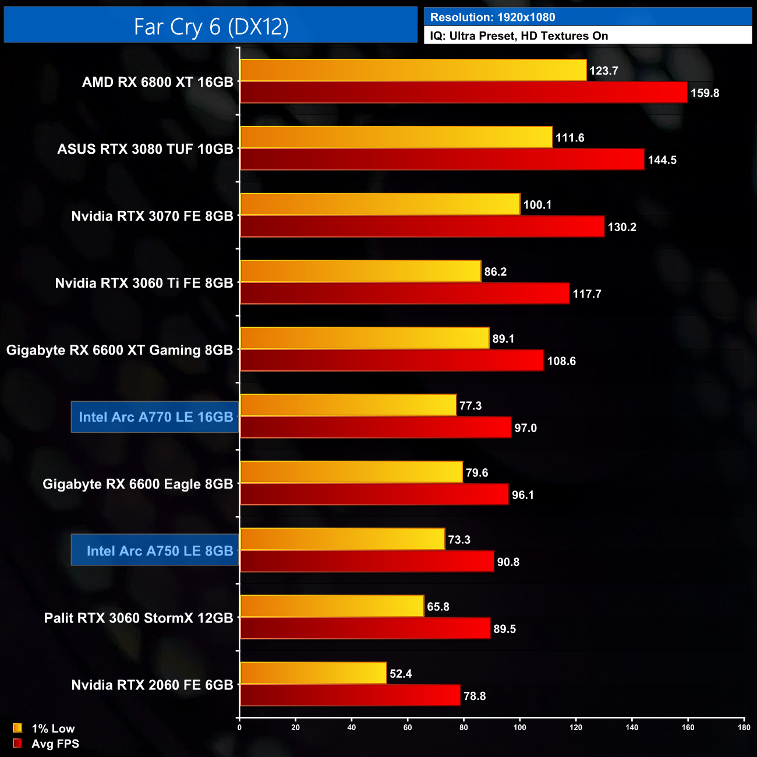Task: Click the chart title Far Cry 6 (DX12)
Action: click(211, 26)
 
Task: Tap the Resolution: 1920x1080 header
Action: click(493, 17)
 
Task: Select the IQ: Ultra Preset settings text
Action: click(519, 36)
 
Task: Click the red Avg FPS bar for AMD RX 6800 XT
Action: click(464, 93)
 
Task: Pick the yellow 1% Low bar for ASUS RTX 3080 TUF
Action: click(396, 137)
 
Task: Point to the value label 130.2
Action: click(622, 227)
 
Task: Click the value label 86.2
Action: click(496, 272)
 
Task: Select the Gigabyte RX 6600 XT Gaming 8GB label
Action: click(119, 350)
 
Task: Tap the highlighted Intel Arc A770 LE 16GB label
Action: click(155, 417)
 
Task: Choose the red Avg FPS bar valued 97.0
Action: click(376, 427)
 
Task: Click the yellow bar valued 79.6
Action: click(351, 472)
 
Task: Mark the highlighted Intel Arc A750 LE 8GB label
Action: click(160, 551)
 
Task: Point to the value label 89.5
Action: click(505, 629)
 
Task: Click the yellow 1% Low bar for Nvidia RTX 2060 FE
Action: click(313, 673)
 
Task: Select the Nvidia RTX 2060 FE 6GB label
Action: click(152, 685)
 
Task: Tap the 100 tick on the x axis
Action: click(520, 727)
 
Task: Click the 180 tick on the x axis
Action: click(744, 727)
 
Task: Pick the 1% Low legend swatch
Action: click(17, 728)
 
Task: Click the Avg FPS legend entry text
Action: click(55, 744)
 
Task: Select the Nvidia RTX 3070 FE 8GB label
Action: click(152, 216)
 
